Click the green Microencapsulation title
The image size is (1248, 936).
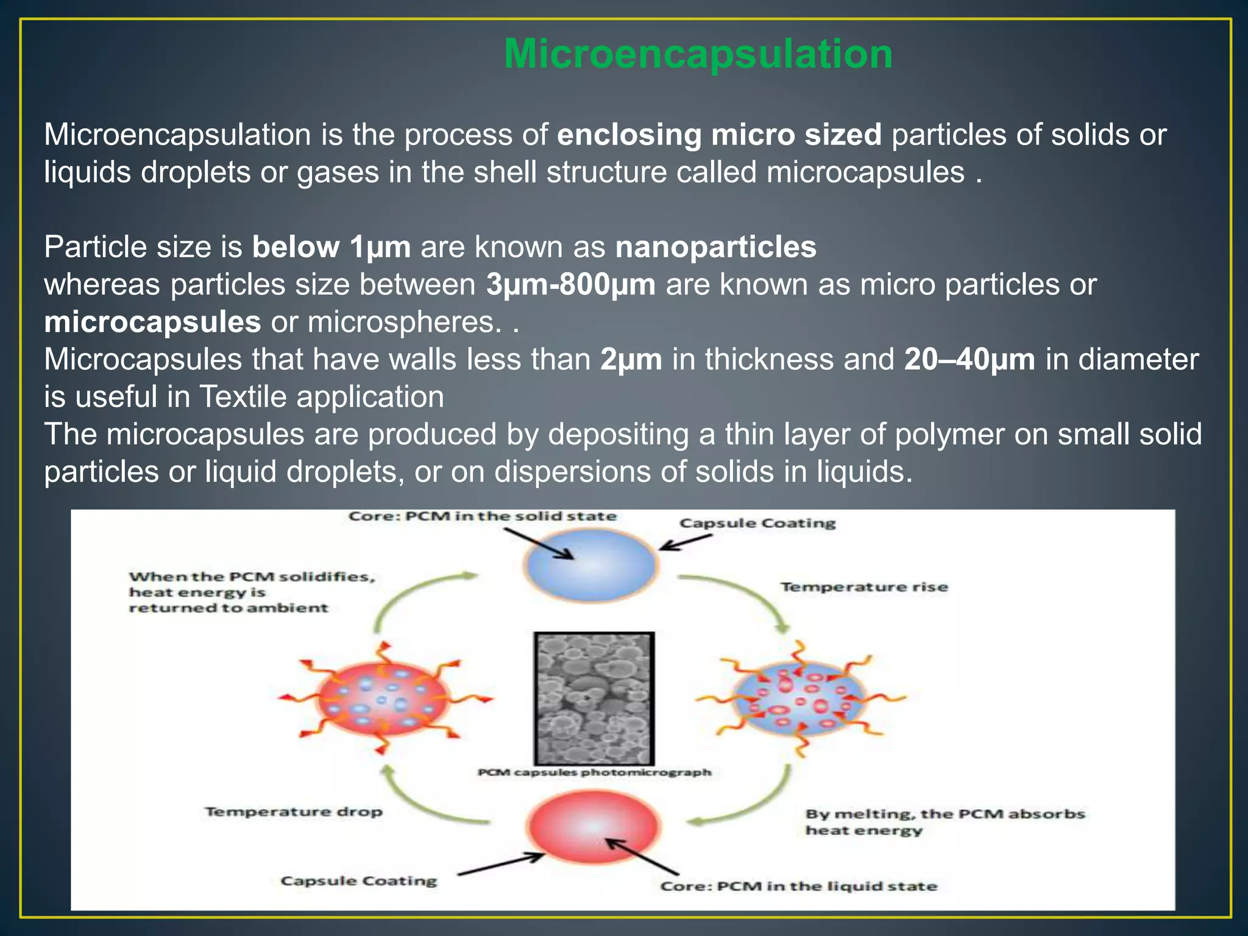[698, 54]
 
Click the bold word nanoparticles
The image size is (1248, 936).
[715, 247]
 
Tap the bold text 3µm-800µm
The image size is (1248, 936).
[570, 285]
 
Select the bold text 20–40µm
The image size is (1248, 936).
[969, 360]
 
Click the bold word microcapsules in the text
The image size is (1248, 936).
[152, 322]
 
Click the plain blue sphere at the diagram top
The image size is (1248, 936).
[590, 564]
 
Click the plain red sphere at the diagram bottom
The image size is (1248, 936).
[594, 827]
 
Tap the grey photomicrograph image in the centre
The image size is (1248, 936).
[594, 698]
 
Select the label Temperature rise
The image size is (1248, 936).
[864, 587]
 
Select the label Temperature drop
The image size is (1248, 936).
[294, 812]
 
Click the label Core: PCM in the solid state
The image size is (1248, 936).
[482, 517]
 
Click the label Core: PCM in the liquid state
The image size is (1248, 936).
[798, 886]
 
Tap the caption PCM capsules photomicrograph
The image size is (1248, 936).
[594, 773]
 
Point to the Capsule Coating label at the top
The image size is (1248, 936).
[757, 523]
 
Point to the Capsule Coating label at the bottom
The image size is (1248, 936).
[358, 881]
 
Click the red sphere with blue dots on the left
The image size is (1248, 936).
[383, 698]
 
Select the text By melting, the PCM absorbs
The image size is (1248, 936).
[945, 814]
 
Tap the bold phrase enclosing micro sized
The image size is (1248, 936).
[719, 135]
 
